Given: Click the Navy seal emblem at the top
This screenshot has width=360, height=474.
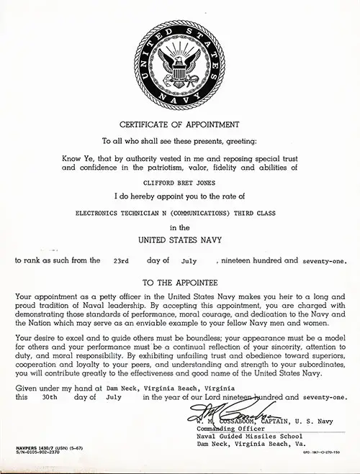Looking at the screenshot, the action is (180, 61).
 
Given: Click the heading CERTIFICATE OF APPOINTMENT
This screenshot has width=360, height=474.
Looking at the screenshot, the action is (180, 123).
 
